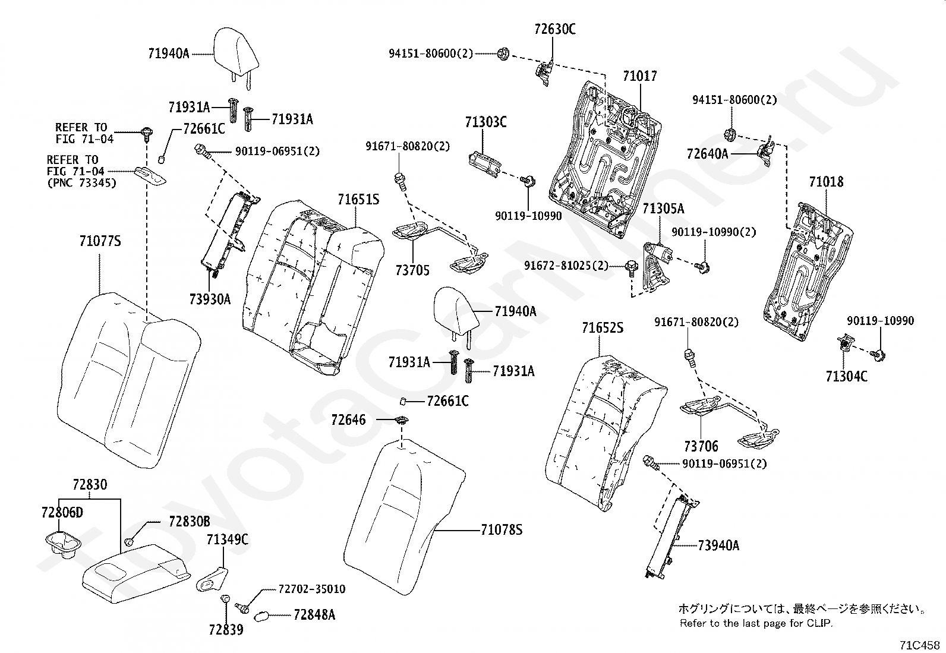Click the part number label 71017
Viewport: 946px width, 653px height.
tap(640, 76)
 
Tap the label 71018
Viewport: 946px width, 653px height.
tap(826, 182)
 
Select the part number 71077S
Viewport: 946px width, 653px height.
tap(100, 241)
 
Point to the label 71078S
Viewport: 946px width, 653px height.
tap(502, 529)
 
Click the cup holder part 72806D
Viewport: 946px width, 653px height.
tap(62, 544)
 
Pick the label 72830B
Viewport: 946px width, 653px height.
tap(189, 522)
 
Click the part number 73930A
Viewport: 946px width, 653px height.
tap(210, 299)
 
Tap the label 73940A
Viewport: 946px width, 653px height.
tap(719, 545)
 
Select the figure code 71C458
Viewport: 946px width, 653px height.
tap(919, 645)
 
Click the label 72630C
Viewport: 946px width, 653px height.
tap(555, 29)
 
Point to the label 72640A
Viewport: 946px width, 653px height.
tap(707, 154)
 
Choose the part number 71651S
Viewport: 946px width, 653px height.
tap(358, 200)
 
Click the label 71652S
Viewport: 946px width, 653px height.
tap(603, 328)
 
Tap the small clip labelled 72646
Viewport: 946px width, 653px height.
tap(402, 420)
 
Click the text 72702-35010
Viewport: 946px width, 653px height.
tap(312, 589)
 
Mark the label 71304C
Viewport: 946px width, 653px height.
tap(847, 376)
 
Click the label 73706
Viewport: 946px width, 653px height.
tap(701, 446)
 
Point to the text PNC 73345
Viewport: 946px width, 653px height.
tap(82, 183)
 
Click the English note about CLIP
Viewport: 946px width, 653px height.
tap(756, 623)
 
